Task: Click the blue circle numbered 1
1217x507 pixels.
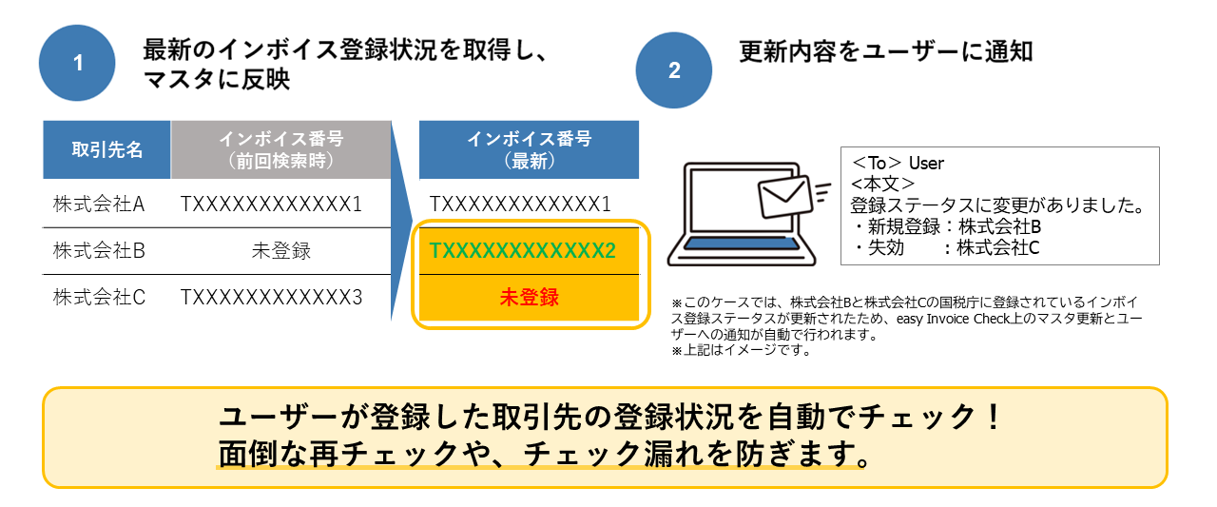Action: click(77, 64)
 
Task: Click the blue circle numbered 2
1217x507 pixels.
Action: click(674, 70)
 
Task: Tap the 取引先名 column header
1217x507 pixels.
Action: click(106, 150)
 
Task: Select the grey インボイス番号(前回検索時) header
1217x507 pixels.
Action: click(281, 150)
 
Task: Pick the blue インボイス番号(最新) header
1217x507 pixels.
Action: click(529, 150)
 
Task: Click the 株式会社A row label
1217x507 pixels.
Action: click(99, 204)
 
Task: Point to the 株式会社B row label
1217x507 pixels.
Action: click(99, 251)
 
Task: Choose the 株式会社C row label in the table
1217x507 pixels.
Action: click(99, 298)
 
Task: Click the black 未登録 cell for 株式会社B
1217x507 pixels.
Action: click(281, 251)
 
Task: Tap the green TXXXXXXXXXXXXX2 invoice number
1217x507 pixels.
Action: click(523, 251)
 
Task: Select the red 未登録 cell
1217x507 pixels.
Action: click(530, 297)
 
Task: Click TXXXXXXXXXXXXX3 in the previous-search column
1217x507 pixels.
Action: click(272, 298)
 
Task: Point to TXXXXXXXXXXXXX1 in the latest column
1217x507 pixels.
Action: click(520, 204)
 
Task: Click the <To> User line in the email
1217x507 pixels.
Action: click(898, 164)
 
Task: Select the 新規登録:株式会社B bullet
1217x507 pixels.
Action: click(948, 227)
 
